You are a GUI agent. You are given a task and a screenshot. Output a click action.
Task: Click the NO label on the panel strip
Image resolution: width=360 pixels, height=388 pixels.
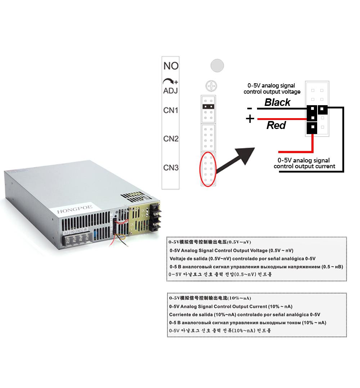tap(171, 66)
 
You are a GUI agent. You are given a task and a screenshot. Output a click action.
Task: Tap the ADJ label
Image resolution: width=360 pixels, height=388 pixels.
tap(171, 90)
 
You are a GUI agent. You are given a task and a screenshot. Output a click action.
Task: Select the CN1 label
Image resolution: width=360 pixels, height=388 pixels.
tap(171, 110)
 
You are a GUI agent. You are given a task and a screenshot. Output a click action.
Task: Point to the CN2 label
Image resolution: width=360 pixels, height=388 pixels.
tap(171, 139)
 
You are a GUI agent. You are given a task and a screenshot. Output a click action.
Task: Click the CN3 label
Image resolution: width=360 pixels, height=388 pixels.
tap(171, 168)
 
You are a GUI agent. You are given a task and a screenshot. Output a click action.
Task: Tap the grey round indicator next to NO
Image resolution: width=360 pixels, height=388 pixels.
tap(217, 66)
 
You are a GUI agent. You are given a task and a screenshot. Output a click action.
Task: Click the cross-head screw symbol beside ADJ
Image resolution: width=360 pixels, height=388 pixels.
tap(211, 86)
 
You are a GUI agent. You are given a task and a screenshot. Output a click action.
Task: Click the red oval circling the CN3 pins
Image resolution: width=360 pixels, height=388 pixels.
tap(208, 169)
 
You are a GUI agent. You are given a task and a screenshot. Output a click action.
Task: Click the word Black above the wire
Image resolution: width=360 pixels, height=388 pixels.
tap(277, 102)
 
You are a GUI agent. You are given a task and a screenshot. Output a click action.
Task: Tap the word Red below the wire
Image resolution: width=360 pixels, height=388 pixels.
tap(276, 125)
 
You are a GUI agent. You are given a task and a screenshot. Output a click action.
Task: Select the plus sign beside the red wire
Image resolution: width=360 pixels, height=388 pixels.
tap(250, 119)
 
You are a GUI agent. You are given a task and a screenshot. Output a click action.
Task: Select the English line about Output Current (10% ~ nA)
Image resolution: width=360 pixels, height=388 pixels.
tap(230, 307)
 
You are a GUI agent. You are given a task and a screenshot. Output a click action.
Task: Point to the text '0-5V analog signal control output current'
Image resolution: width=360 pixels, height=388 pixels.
tap(304, 163)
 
